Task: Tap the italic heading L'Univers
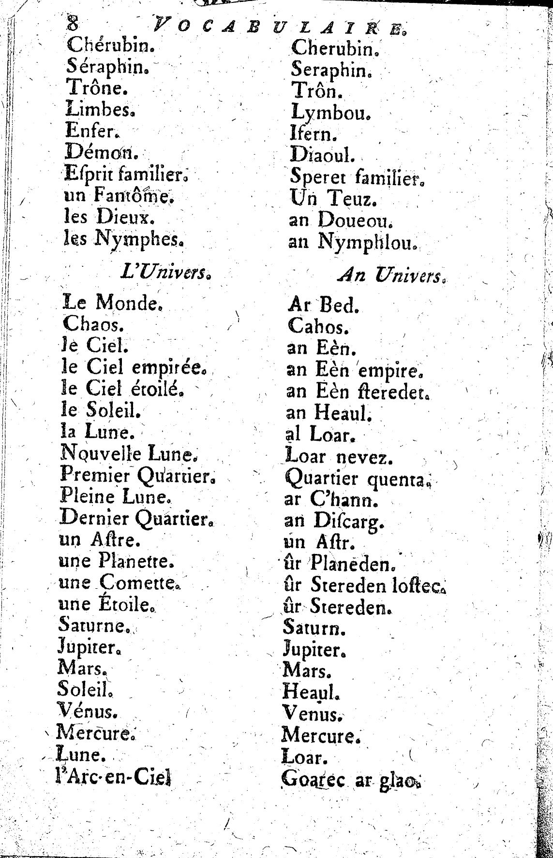coord(165,274)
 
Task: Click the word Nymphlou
coord(367,241)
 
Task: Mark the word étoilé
coord(156,389)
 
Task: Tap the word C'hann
coord(344,500)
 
